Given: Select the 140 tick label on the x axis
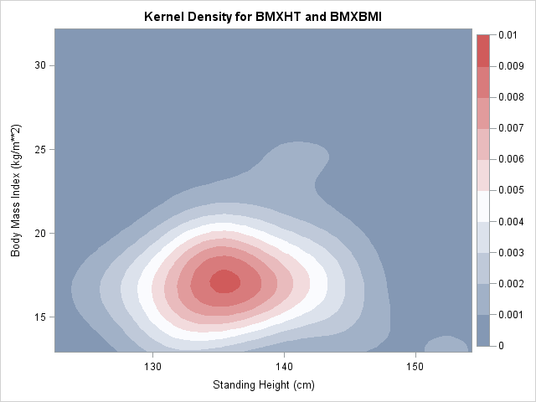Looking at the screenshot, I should coord(284,367).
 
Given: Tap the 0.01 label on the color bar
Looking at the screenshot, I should coord(508,35).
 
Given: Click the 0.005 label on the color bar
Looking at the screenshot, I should coord(510,190).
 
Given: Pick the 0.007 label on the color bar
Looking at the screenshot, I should coord(510,128).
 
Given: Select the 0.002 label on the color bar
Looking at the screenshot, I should coord(510,283).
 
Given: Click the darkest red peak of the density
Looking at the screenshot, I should coord(224,281).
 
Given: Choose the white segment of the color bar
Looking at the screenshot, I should coord(483,205).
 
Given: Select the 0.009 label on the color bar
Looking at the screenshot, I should coord(510,66).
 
